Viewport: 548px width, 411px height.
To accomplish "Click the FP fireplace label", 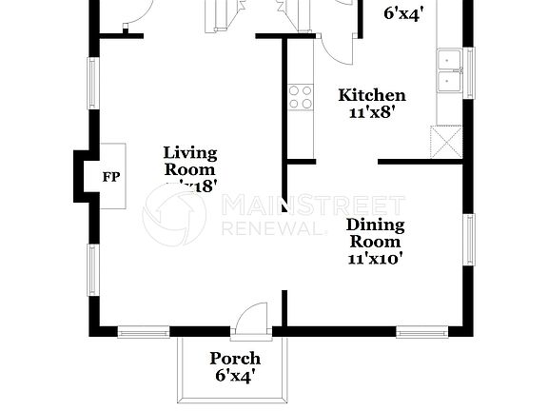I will (110, 176).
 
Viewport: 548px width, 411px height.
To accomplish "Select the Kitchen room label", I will (373, 95).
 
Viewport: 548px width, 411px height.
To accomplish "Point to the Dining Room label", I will (375, 234).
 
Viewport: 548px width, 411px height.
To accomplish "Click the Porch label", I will (235, 359).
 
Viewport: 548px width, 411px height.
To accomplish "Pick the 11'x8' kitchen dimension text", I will (373, 110).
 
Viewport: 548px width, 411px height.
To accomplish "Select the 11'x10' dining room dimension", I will (375, 258).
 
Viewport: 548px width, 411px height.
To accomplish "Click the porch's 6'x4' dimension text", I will (235, 376).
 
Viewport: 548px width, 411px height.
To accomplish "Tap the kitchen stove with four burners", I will (301, 95).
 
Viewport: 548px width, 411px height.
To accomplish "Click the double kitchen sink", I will (449, 69).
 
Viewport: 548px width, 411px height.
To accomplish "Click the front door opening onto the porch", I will (252, 321).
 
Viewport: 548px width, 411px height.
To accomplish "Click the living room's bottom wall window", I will (143, 332).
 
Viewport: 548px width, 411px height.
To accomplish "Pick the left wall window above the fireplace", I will (93, 89).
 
